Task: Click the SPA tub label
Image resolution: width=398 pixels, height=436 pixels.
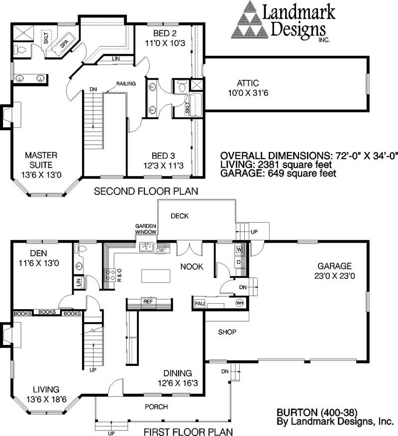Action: [64, 44]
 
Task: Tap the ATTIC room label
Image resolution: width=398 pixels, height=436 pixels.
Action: [248, 83]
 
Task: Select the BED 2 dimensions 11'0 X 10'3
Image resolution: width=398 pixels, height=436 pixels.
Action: [165, 43]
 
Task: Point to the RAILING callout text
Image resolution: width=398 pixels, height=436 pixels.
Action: [126, 84]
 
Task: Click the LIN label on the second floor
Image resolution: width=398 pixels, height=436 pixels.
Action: [116, 59]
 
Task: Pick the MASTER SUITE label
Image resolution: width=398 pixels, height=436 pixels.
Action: [41, 160]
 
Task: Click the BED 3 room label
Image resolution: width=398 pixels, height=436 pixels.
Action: [163, 156]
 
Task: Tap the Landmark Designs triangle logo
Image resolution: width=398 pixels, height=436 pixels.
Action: [250, 19]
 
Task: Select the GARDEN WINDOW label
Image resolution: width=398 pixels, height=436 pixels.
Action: [146, 229]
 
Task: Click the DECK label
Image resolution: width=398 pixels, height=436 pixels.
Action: [180, 216]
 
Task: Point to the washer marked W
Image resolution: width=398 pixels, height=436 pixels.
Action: [239, 250]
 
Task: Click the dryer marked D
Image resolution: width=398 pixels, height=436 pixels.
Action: [239, 262]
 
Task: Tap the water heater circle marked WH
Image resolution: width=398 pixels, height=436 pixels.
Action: [239, 303]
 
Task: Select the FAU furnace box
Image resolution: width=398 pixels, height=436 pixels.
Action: [199, 304]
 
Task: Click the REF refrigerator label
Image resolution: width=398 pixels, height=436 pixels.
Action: [148, 301]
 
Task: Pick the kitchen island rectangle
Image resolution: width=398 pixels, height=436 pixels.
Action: [156, 276]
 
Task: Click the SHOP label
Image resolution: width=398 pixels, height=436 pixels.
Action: [227, 332]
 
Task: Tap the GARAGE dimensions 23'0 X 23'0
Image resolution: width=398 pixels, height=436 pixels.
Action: [334, 276]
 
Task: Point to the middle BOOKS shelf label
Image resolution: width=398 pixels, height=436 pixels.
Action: [47, 312]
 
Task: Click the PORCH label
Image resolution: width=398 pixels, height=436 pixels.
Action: [156, 407]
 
